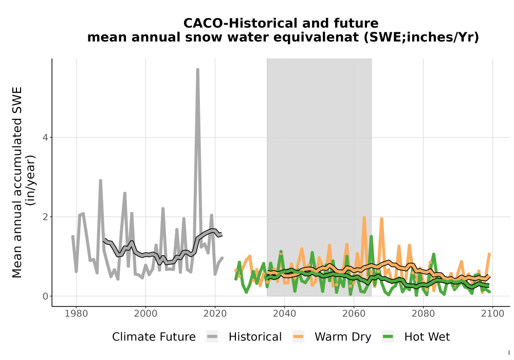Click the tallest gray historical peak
tap(198, 70)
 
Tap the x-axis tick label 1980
tap(76, 314)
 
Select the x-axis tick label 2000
tap(145, 314)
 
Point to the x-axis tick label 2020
tap(215, 314)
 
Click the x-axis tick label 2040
tap(284, 314)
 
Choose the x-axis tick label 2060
tap(354, 314)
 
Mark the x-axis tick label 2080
tap(423, 314)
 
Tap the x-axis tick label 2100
tap(492, 314)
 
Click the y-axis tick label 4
tap(45, 138)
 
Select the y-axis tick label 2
tap(45, 217)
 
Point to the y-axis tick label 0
tap(45, 296)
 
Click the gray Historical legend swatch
tap(212, 337)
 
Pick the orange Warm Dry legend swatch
tap(298, 337)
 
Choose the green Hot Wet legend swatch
tap(388, 337)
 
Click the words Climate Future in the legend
tap(154, 337)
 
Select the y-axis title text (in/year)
tap(31, 181)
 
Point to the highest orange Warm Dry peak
tap(364, 218)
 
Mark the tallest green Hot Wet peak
tap(371, 237)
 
